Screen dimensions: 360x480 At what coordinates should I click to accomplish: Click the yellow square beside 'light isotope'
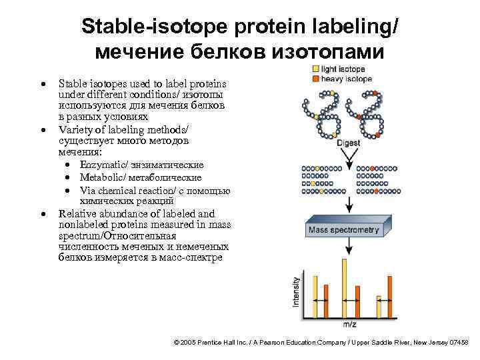[x=315, y=69]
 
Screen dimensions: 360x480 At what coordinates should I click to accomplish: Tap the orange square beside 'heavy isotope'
[x=315, y=78]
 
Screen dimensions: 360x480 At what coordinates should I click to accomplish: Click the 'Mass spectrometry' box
[x=344, y=231]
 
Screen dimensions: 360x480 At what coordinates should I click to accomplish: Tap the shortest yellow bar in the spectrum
[x=379, y=307]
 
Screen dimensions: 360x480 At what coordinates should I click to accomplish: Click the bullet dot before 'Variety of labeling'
[x=43, y=128]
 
